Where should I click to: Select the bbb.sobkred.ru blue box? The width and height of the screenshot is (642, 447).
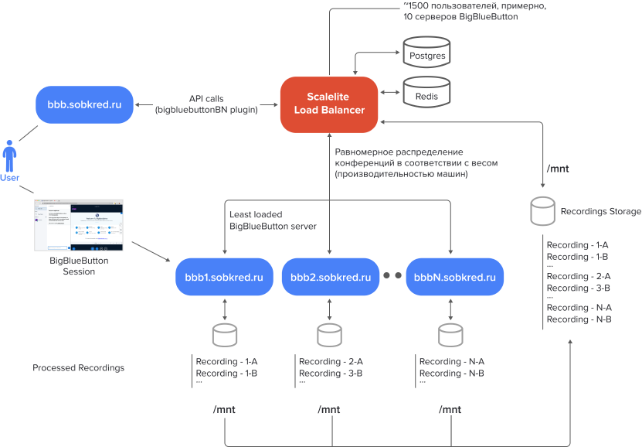85,104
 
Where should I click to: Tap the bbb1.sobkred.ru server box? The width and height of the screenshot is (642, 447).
224,276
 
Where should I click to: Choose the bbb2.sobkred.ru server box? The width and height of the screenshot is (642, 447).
330,276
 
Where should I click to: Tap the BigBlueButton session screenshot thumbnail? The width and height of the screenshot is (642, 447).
78,225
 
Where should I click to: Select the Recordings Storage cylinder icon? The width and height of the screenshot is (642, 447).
543,210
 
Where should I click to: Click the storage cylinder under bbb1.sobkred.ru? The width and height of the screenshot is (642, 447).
224,335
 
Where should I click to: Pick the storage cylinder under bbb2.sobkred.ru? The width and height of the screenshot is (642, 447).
330,335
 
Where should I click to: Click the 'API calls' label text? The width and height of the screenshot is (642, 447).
206,99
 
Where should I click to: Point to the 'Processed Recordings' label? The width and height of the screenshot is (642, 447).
78,368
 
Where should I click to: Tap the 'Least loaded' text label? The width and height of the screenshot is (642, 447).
256,214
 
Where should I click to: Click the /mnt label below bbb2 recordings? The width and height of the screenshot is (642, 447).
329,409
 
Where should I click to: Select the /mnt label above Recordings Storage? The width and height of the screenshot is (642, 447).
557,168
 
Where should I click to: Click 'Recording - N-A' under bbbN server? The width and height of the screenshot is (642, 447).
451,362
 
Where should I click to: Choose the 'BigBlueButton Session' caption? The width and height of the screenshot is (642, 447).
78,266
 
